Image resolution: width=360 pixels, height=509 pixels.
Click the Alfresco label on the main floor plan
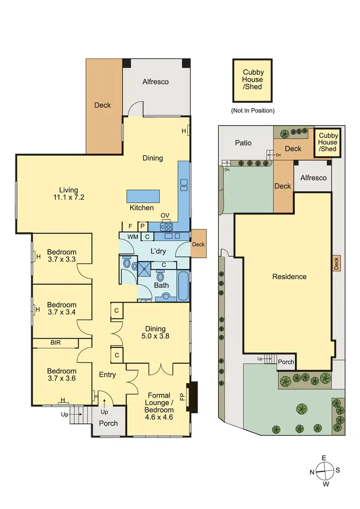coord(156,82)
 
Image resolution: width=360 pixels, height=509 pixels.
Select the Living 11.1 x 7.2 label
coord(66,193)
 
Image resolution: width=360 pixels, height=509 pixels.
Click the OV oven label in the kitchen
coord(165,215)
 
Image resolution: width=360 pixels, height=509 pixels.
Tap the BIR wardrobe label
coord(56,343)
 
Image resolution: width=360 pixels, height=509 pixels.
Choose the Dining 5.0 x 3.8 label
coord(156,332)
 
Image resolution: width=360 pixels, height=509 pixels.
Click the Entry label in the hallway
coord(107,374)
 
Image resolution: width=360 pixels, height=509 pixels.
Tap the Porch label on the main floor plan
coord(108,424)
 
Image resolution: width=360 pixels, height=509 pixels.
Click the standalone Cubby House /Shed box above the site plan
coord(252,80)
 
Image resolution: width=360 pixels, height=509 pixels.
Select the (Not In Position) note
coord(252,110)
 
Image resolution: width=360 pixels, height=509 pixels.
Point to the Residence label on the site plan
coord(289,276)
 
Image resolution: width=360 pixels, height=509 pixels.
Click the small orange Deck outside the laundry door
coord(198,244)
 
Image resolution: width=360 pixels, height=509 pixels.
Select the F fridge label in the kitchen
coord(130,226)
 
